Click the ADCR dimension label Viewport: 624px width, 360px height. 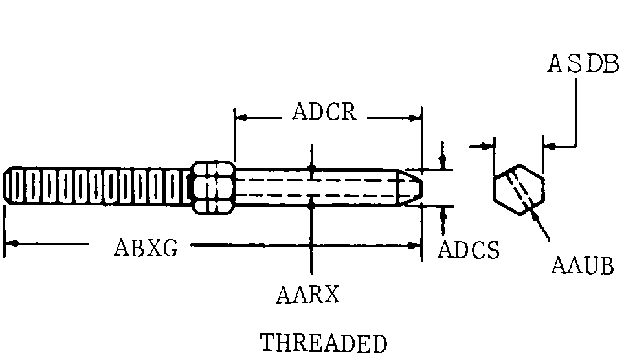(324, 112)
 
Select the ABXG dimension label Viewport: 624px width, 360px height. (145, 247)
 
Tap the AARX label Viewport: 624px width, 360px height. (307, 295)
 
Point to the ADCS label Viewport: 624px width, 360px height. (469, 250)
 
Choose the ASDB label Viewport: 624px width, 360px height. (583, 64)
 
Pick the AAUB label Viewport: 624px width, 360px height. (583, 265)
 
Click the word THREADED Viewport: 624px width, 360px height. (324, 343)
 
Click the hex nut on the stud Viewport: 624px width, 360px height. (214, 187)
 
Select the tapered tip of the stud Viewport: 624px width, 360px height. (413, 188)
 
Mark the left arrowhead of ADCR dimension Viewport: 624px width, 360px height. (241, 118)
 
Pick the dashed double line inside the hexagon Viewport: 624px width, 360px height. (520, 188)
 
